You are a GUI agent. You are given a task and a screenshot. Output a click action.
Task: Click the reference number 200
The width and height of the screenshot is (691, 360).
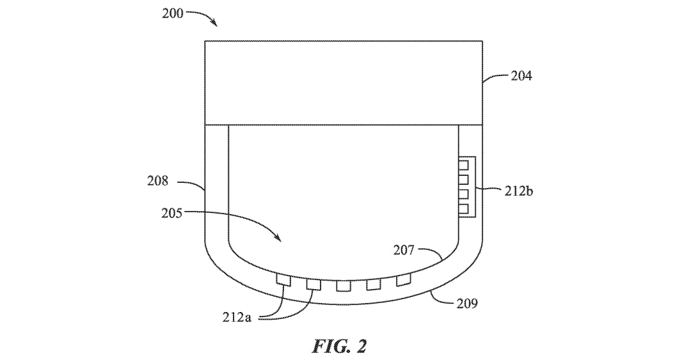click(173, 13)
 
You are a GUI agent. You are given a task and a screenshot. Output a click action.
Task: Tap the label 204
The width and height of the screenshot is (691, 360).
click(521, 76)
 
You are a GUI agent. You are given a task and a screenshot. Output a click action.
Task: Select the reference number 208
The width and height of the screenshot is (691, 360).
click(158, 181)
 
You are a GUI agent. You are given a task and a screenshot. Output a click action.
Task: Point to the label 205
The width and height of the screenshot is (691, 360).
click(172, 214)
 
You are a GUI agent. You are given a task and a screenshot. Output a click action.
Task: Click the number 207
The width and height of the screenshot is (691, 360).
click(404, 250)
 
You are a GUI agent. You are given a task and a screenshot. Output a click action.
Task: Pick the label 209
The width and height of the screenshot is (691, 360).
click(466, 303)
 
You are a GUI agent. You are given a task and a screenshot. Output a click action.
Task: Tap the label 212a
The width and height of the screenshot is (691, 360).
click(237, 317)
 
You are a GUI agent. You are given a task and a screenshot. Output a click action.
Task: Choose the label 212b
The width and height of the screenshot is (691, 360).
click(519, 192)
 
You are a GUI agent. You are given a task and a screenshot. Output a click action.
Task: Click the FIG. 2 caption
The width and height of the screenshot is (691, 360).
click(339, 346)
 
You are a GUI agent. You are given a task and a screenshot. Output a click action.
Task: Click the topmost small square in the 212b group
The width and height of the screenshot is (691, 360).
click(463, 165)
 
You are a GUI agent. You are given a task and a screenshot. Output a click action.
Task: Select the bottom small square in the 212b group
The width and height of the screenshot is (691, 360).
click(463, 208)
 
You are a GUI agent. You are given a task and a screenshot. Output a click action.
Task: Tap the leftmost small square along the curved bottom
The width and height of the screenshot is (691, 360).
click(283, 279)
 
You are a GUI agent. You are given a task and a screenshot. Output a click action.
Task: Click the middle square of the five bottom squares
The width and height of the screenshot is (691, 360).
click(344, 286)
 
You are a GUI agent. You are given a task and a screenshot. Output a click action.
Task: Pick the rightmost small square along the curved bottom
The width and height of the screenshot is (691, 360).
click(403, 279)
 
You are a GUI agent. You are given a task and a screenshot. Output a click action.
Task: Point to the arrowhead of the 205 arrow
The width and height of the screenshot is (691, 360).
click(279, 239)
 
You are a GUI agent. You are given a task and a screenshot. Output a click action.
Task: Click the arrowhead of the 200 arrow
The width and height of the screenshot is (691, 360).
click(214, 24)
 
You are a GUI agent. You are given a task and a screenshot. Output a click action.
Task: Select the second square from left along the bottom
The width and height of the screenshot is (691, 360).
click(314, 284)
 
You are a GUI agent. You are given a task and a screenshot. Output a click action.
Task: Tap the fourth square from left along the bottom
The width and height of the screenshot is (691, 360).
click(374, 285)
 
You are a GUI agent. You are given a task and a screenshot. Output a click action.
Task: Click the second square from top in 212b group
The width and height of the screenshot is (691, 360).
click(463, 179)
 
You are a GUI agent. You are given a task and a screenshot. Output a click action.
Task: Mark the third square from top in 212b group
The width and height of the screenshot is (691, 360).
click(463, 194)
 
